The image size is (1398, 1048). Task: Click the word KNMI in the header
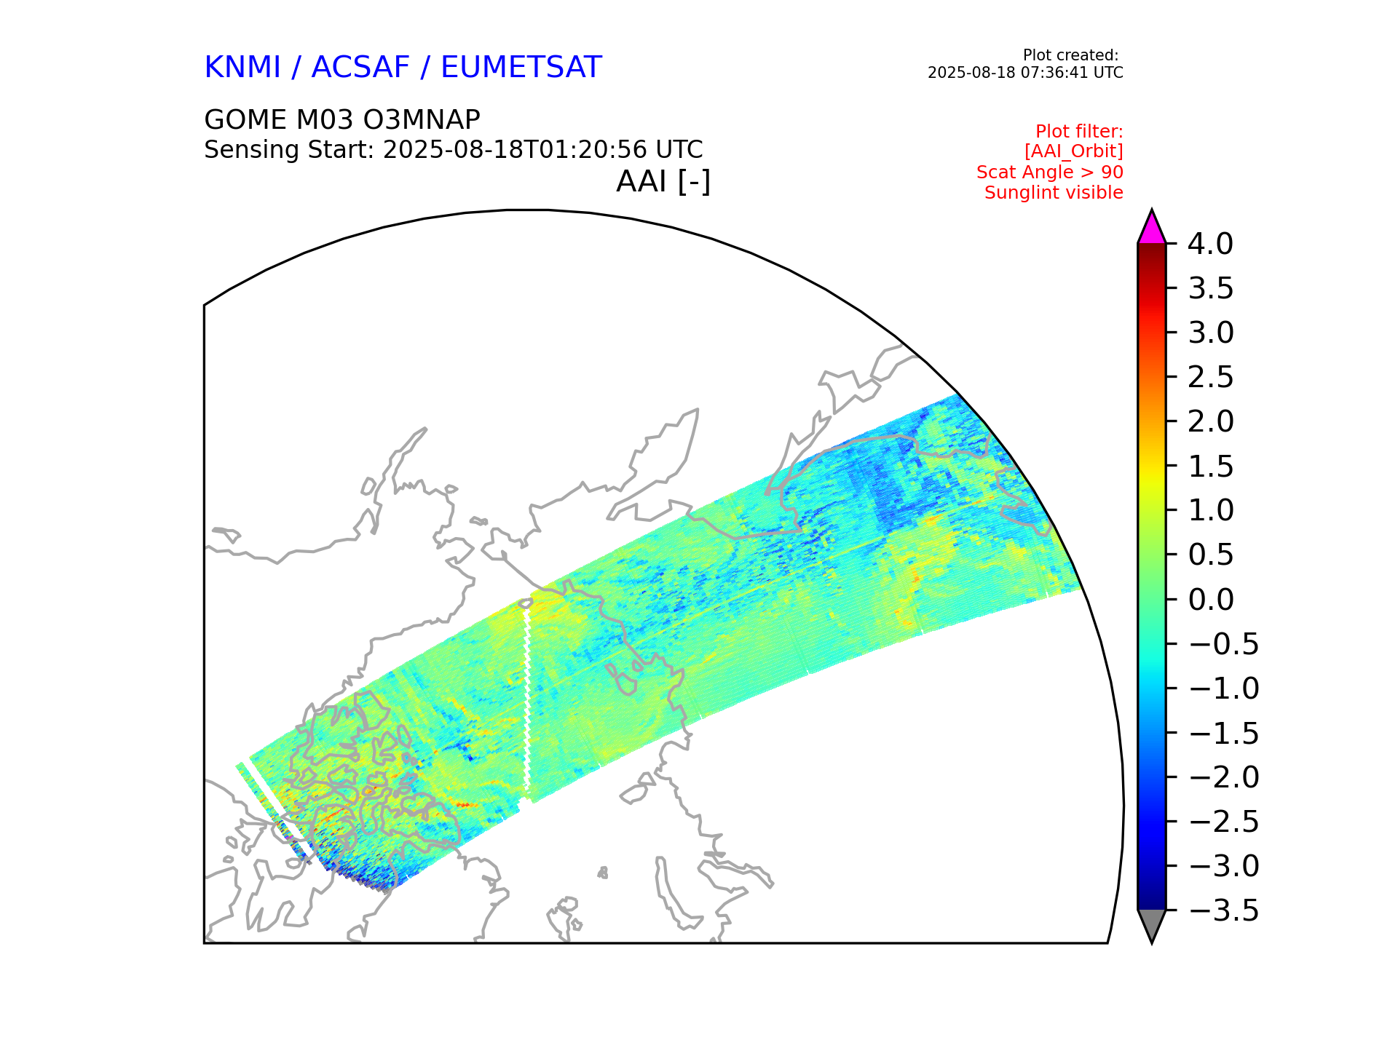click(x=242, y=68)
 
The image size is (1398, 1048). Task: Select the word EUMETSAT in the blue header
click(x=521, y=68)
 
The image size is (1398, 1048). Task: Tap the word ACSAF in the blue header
click(x=360, y=68)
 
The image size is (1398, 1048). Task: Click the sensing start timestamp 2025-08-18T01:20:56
click(x=515, y=150)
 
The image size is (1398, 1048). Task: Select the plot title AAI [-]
click(x=663, y=181)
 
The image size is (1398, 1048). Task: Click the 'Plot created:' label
click(x=1070, y=55)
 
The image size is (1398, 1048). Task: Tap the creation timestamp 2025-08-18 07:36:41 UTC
click(x=1024, y=73)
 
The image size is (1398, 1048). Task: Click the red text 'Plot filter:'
click(x=1079, y=132)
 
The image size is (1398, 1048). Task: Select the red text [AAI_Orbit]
click(x=1073, y=151)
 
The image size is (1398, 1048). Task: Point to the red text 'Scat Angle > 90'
click(x=1049, y=172)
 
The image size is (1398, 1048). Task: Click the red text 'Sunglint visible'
click(x=1053, y=193)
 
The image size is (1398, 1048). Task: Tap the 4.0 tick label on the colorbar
click(x=1210, y=245)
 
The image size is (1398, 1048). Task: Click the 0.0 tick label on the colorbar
click(x=1210, y=600)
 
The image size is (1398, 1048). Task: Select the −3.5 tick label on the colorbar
click(x=1223, y=910)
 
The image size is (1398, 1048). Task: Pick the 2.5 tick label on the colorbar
click(x=1210, y=378)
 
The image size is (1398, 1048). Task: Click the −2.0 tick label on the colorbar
click(x=1223, y=777)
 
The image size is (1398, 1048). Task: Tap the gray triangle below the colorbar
click(x=1151, y=924)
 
